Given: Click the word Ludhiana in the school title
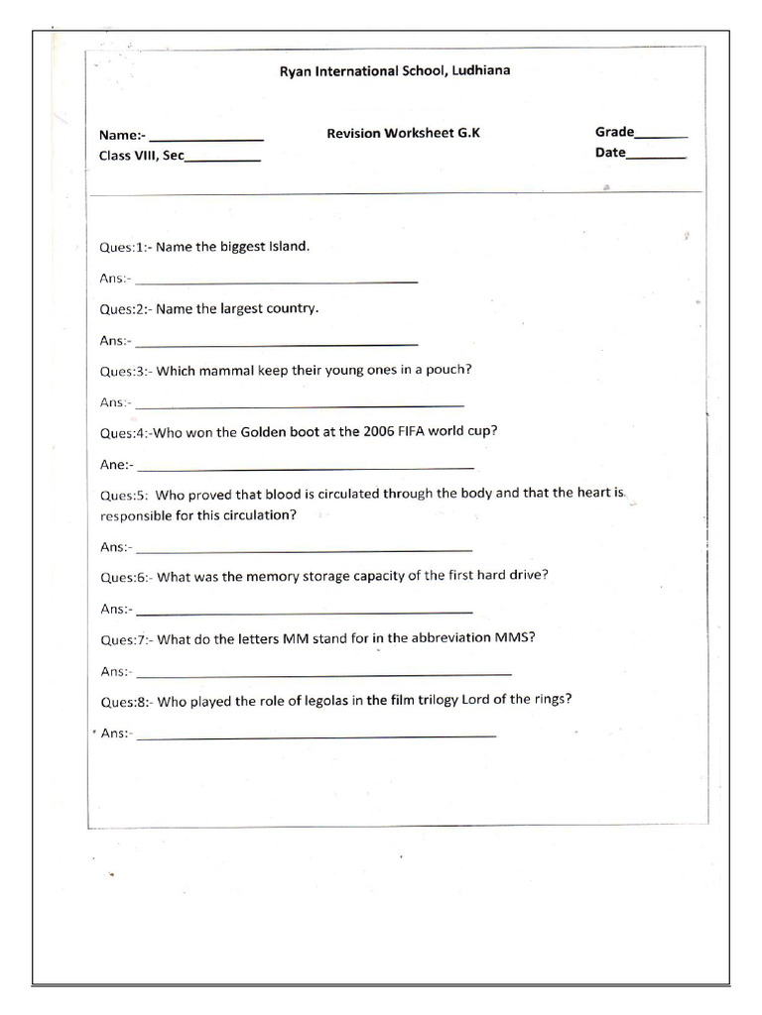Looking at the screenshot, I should pyautogui.click(x=481, y=70).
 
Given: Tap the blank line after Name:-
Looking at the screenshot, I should pyautogui.click(x=206, y=139).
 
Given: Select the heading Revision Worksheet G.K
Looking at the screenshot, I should pyautogui.click(x=403, y=133).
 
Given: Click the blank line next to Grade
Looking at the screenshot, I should pyautogui.click(x=661, y=136).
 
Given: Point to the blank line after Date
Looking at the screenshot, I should pyautogui.click(x=656, y=157).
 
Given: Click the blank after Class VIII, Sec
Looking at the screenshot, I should pyautogui.click(x=222, y=160).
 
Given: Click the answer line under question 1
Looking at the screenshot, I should pyautogui.click(x=276, y=282).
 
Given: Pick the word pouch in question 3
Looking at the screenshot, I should pyautogui.click(x=447, y=370).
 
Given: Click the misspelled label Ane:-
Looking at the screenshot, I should pyautogui.click(x=115, y=464).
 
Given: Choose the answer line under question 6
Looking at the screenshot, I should pyautogui.click(x=304, y=611).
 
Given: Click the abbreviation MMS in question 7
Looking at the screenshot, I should pyautogui.click(x=515, y=637).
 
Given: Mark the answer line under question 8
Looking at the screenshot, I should pyautogui.click(x=316, y=735).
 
